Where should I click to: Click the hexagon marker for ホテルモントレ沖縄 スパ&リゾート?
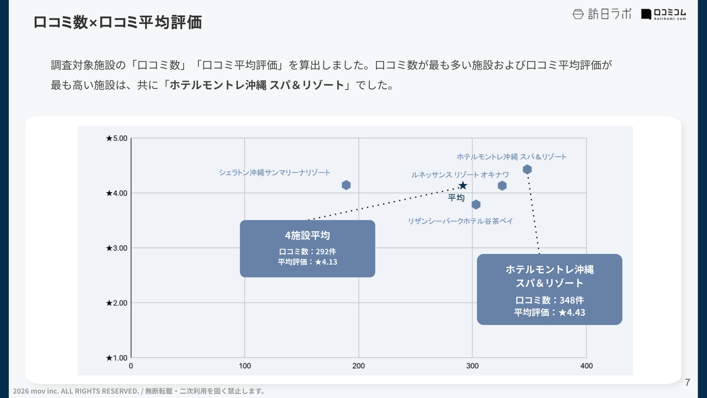point(527,169)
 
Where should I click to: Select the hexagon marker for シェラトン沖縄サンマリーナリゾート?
point(346,185)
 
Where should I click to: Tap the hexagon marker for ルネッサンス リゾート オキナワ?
point(502,186)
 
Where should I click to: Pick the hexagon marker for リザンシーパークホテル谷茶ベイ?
point(476,204)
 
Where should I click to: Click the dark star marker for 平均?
point(463,185)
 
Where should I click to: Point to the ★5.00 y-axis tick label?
point(117,138)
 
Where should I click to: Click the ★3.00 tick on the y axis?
point(117,248)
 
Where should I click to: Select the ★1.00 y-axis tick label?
point(117,358)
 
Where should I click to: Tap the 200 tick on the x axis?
point(358,366)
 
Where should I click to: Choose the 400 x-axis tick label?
point(586,366)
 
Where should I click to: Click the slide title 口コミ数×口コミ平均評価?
point(118,22)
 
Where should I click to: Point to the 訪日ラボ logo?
point(602,14)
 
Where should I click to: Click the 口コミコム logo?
point(664,14)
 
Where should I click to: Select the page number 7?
point(687,383)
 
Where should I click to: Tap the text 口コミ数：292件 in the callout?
point(308,252)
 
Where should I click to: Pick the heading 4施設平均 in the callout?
point(308,235)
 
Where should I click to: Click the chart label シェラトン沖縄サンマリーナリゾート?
point(274,172)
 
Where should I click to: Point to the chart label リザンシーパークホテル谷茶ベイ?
point(460,221)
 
